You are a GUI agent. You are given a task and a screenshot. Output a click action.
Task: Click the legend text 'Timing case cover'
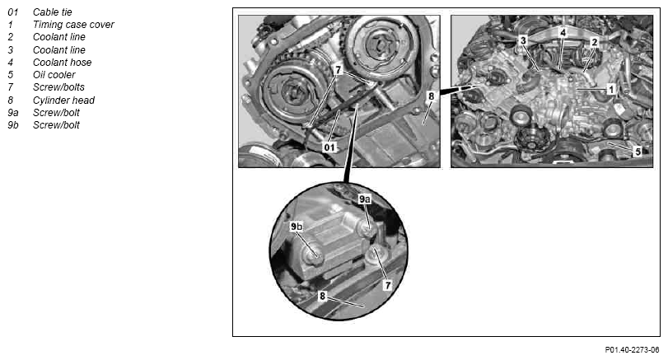(x=73, y=25)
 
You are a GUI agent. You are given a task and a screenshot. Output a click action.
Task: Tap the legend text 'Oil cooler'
(x=54, y=75)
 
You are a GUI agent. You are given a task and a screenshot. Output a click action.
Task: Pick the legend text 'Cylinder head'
(x=64, y=101)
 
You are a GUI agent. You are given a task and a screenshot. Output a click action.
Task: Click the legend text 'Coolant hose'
(x=63, y=63)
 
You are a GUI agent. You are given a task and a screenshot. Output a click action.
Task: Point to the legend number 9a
(x=13, y=113)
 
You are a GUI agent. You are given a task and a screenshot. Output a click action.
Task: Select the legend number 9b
(x=13, y=125)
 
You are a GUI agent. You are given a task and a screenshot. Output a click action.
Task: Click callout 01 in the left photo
(x=329, y=147)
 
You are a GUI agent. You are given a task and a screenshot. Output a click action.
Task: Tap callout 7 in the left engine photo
(x=339, y=69)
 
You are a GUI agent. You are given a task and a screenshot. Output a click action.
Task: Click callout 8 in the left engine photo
(x=431, y=96)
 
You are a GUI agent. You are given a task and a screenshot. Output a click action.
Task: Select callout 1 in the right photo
(x=611, y=89)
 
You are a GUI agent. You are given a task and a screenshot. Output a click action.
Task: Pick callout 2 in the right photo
(x=595, y=41)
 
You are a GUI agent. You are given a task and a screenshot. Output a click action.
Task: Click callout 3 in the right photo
(x=523, y=40)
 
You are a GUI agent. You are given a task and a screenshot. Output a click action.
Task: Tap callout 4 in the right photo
(x=563, y=32)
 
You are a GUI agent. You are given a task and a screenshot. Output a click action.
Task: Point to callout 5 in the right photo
(x=638, y=152)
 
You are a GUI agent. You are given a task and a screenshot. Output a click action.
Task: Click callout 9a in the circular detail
(x=365, y=199)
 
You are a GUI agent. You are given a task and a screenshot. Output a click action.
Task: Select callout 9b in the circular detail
(x=297, y=227)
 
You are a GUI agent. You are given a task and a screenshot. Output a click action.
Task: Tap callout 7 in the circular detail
(x=388, y=284)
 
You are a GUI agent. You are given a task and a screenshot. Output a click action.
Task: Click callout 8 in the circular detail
(x=323, y=296)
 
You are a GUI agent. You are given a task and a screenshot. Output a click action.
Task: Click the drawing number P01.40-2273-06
(x=632, y=350)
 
